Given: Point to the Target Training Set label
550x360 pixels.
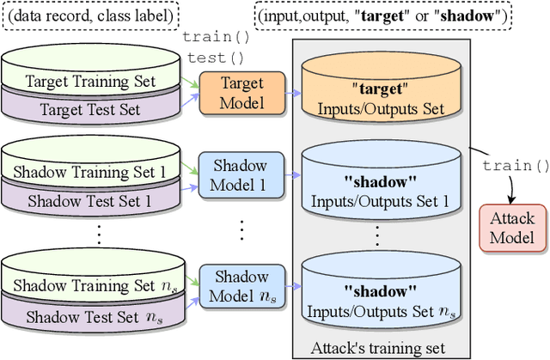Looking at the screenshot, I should click(91, 82).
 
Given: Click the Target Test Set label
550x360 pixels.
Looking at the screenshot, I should click(91, 109).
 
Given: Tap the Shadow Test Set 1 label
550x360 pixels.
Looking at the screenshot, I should click(91, 201).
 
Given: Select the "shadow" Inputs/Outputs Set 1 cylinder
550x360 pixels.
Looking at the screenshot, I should click(380, 181).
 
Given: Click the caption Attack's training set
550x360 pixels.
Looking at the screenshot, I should click(380, 349).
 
